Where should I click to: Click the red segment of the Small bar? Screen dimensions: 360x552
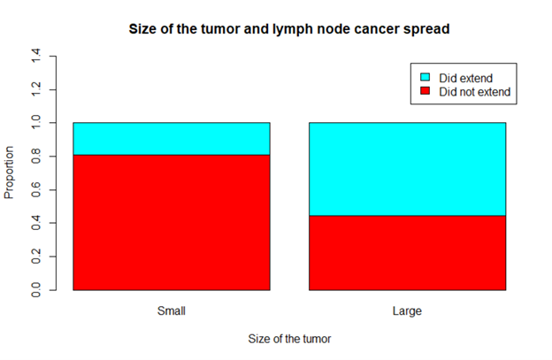pyautogui.click(x=171, y=222)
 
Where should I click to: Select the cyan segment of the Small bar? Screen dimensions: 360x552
pyautogui.click(x=171, y=139)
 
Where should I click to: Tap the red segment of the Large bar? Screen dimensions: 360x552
pyautogui.click(x=407, y=252)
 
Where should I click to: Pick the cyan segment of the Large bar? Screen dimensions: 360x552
pyautogui.click(x=407, y=169)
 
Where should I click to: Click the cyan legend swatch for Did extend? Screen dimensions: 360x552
pyautogui.click(x=425, y=79)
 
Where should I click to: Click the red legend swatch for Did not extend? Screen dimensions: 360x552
pyautogui.click(x=425, y=91)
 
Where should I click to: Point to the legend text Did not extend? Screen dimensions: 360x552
pyautogui.click(x=475, y=91)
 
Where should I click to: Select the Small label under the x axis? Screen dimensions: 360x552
pyautogui.click(x=171, y=310)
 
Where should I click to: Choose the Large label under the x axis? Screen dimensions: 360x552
pyautogui.click(x=407, y=310)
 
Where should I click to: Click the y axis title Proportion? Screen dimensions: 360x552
pyautogui.click(x=11, y=173)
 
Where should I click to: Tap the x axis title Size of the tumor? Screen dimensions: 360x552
pyautogui.click(x=289, y=339)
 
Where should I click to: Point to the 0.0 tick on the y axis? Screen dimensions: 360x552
pyautogui.click(x=36, y=290)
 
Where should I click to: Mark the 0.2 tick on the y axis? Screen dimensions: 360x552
pyautogui.click(x=36, y=257)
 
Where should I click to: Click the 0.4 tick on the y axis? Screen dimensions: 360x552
pyautogui.click(x=36, y=223)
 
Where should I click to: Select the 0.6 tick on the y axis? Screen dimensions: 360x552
pyautogui.click(x=36, y=189)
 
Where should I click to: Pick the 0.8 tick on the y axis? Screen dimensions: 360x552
pyautogui.click(x=36, y=157)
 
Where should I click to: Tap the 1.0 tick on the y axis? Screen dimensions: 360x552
pyautogui.click(x=36, y=123)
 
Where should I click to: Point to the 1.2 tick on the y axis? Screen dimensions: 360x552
pyautogui.click(x=36, y=89)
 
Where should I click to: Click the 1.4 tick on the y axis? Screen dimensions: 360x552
pyautogui.click(x=36, y=57)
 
